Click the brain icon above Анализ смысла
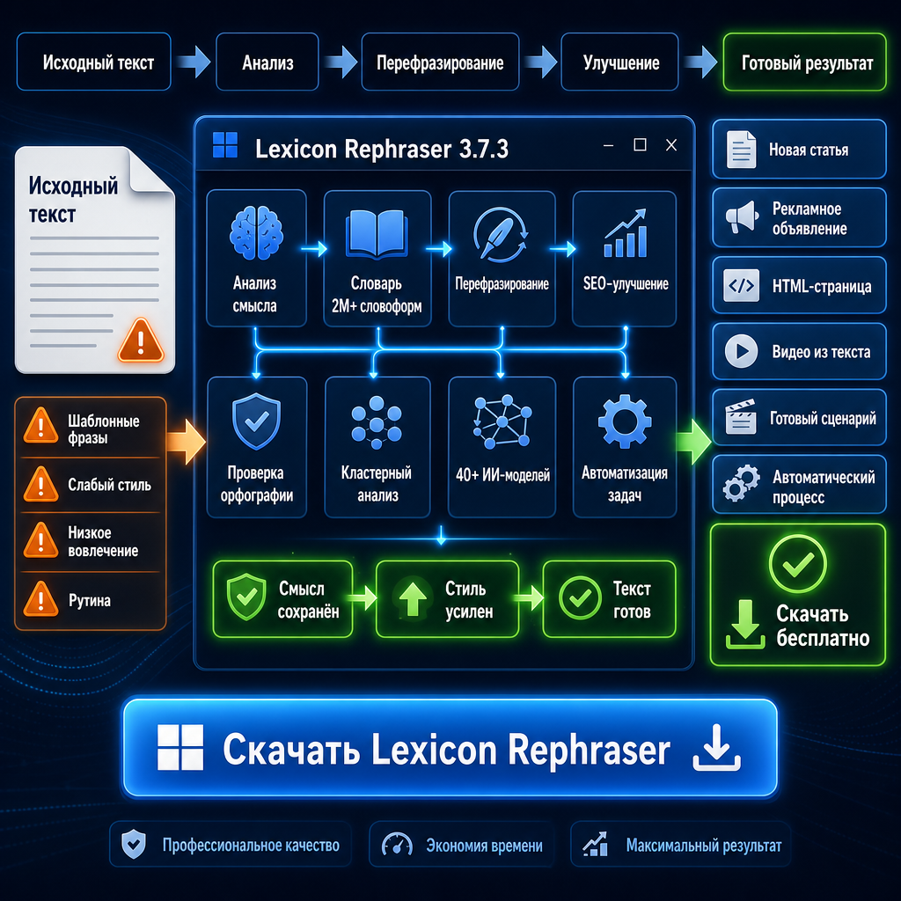coord(256,233)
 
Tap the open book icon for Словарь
coord(377,232)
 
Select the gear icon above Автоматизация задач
coord(625,421)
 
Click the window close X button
coord(671,145)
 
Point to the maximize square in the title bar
coord(640,145)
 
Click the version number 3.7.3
coord(484,150)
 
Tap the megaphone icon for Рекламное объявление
coord(742,216)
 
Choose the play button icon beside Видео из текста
coord(741,350)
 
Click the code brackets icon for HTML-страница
coord(741,286)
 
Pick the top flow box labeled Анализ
coord(267,62)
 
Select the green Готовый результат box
coord(804,62)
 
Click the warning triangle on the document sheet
coord(141,341)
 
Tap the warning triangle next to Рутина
coord(40,599)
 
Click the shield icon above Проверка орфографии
coord(256,421)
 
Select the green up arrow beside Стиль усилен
coord(413,598)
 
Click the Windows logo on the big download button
coord(180,747)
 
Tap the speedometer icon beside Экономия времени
coord(397,845)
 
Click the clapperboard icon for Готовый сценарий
coord(741,416)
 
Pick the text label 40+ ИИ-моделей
coord(502,475)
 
